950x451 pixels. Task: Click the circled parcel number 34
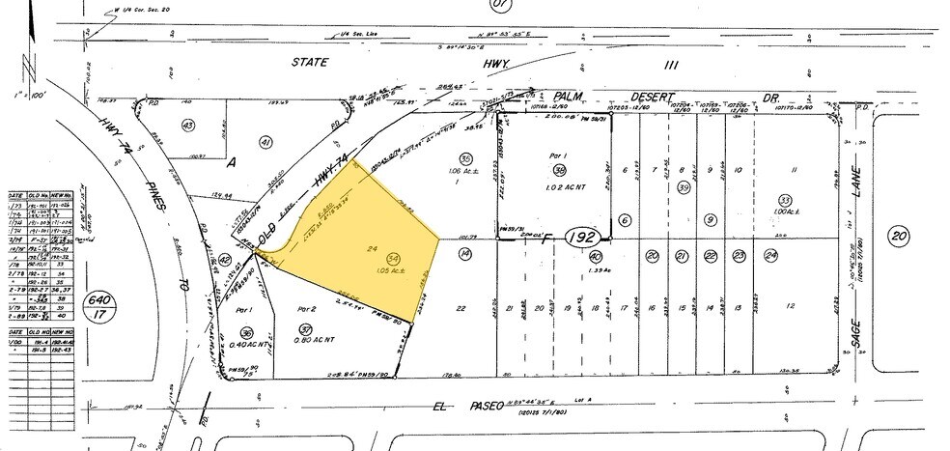point(393,258)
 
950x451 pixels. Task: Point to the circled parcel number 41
point(266,142)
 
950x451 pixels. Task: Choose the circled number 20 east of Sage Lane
point(898,235)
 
